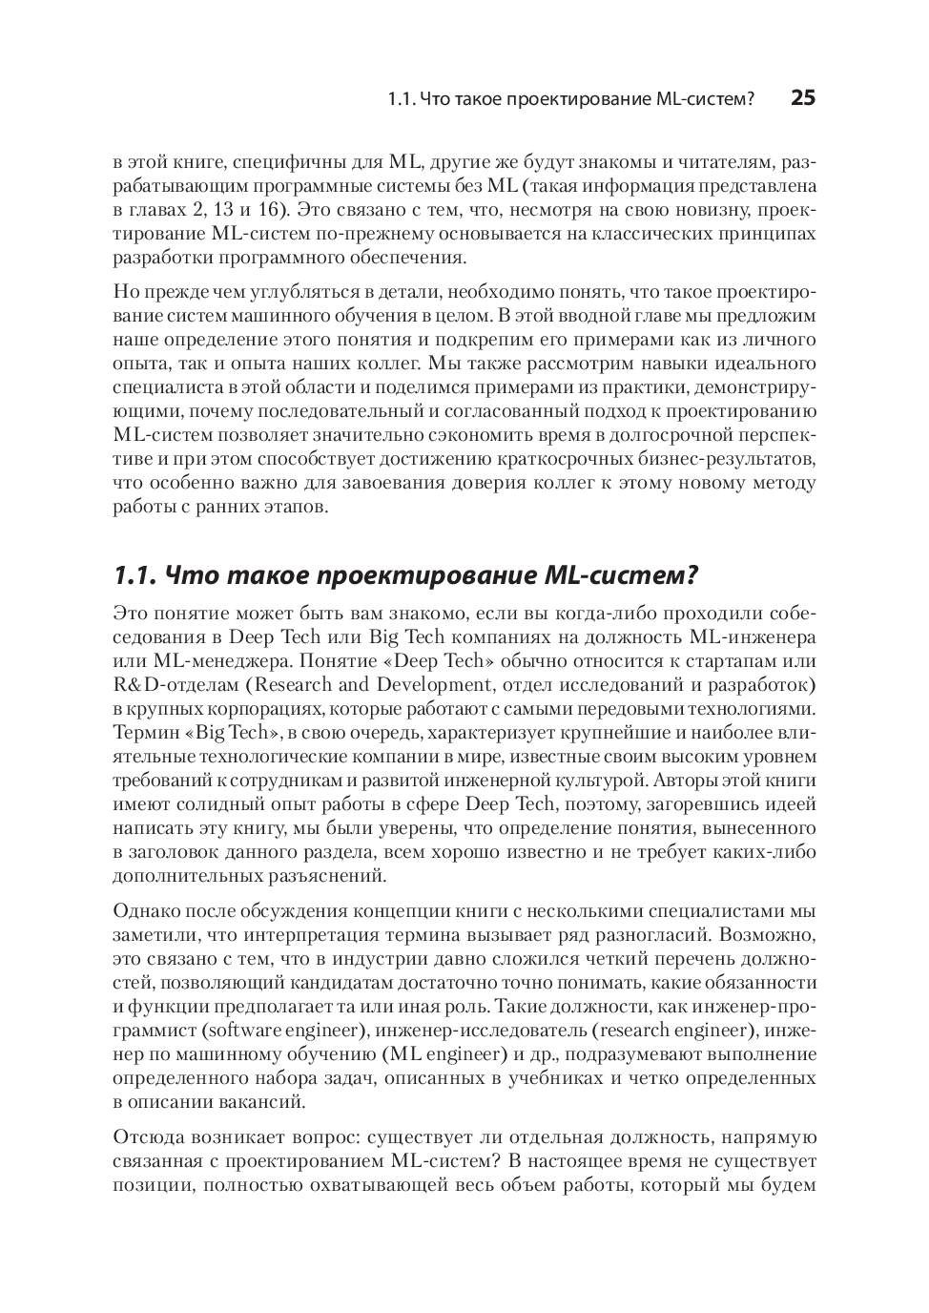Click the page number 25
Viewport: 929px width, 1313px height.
tap(803, 98)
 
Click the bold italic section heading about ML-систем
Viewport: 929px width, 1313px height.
tap(406, 575)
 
